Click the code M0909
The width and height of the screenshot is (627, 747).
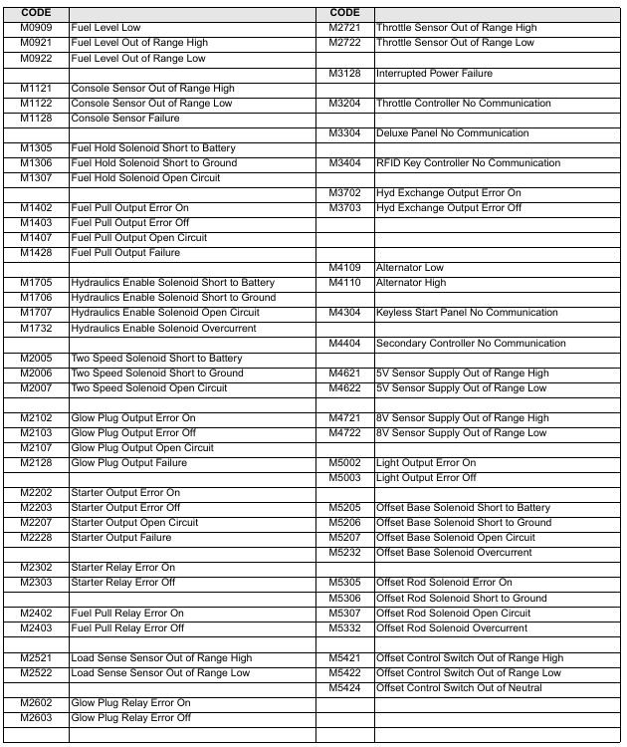35,28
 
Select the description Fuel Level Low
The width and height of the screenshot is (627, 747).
105,28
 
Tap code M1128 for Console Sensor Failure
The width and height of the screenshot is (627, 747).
35,119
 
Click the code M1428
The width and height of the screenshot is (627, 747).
35,253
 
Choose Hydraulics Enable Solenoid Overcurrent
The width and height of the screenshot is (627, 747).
163,328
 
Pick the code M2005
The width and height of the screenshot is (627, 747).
35,359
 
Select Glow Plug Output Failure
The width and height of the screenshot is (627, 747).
128,463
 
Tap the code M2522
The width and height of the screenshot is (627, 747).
35,672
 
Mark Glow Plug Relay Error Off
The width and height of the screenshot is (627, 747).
129,717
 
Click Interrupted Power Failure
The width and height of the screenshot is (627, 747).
434,74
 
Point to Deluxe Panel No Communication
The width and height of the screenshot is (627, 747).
453,133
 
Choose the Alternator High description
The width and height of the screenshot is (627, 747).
411,283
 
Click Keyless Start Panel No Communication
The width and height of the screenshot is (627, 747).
467,313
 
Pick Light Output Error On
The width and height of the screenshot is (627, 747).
426,463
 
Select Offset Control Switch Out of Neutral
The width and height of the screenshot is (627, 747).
459,687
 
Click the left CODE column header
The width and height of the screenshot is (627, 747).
35,12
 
